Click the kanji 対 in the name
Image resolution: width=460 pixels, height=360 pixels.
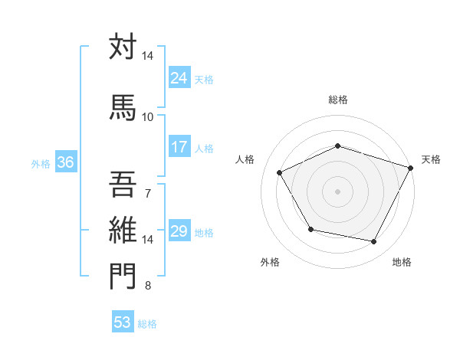pyautogui.click(x=123, y=47)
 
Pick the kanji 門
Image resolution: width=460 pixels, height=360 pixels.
pyautogui.click(x=123, y=277)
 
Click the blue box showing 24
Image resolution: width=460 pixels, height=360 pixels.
pyautogui.click(x=179, y=78)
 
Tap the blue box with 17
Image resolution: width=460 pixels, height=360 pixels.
pyautogui.click(x=179, y=148)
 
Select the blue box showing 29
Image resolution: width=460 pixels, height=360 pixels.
pyautogui.click(x=179, y=232)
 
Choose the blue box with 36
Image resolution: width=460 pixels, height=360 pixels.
pyautogui.click(x=65, y=162)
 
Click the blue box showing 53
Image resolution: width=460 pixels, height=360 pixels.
pyautogui.click(x=123, y=322)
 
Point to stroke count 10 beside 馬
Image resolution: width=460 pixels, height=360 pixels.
pyautogui.click(x=147, y=116)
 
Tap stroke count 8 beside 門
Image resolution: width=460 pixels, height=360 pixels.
pyautogui.click(x=147, y=286)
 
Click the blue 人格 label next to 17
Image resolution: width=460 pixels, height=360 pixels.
pyautogui.click(x=204, y=149)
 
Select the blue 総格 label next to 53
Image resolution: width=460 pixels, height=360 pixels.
pyautogui.click(x=147, y=324)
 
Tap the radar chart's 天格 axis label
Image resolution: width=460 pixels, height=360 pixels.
pyautogui.click(x=431, y=159)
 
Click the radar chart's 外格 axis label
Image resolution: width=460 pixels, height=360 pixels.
pyautogui.click(x=270, y=263)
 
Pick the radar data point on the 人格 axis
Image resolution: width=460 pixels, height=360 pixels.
pyautogui.click(x=280, y=173)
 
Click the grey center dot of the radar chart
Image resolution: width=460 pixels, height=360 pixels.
pyautogui.click(x=337, y=191)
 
